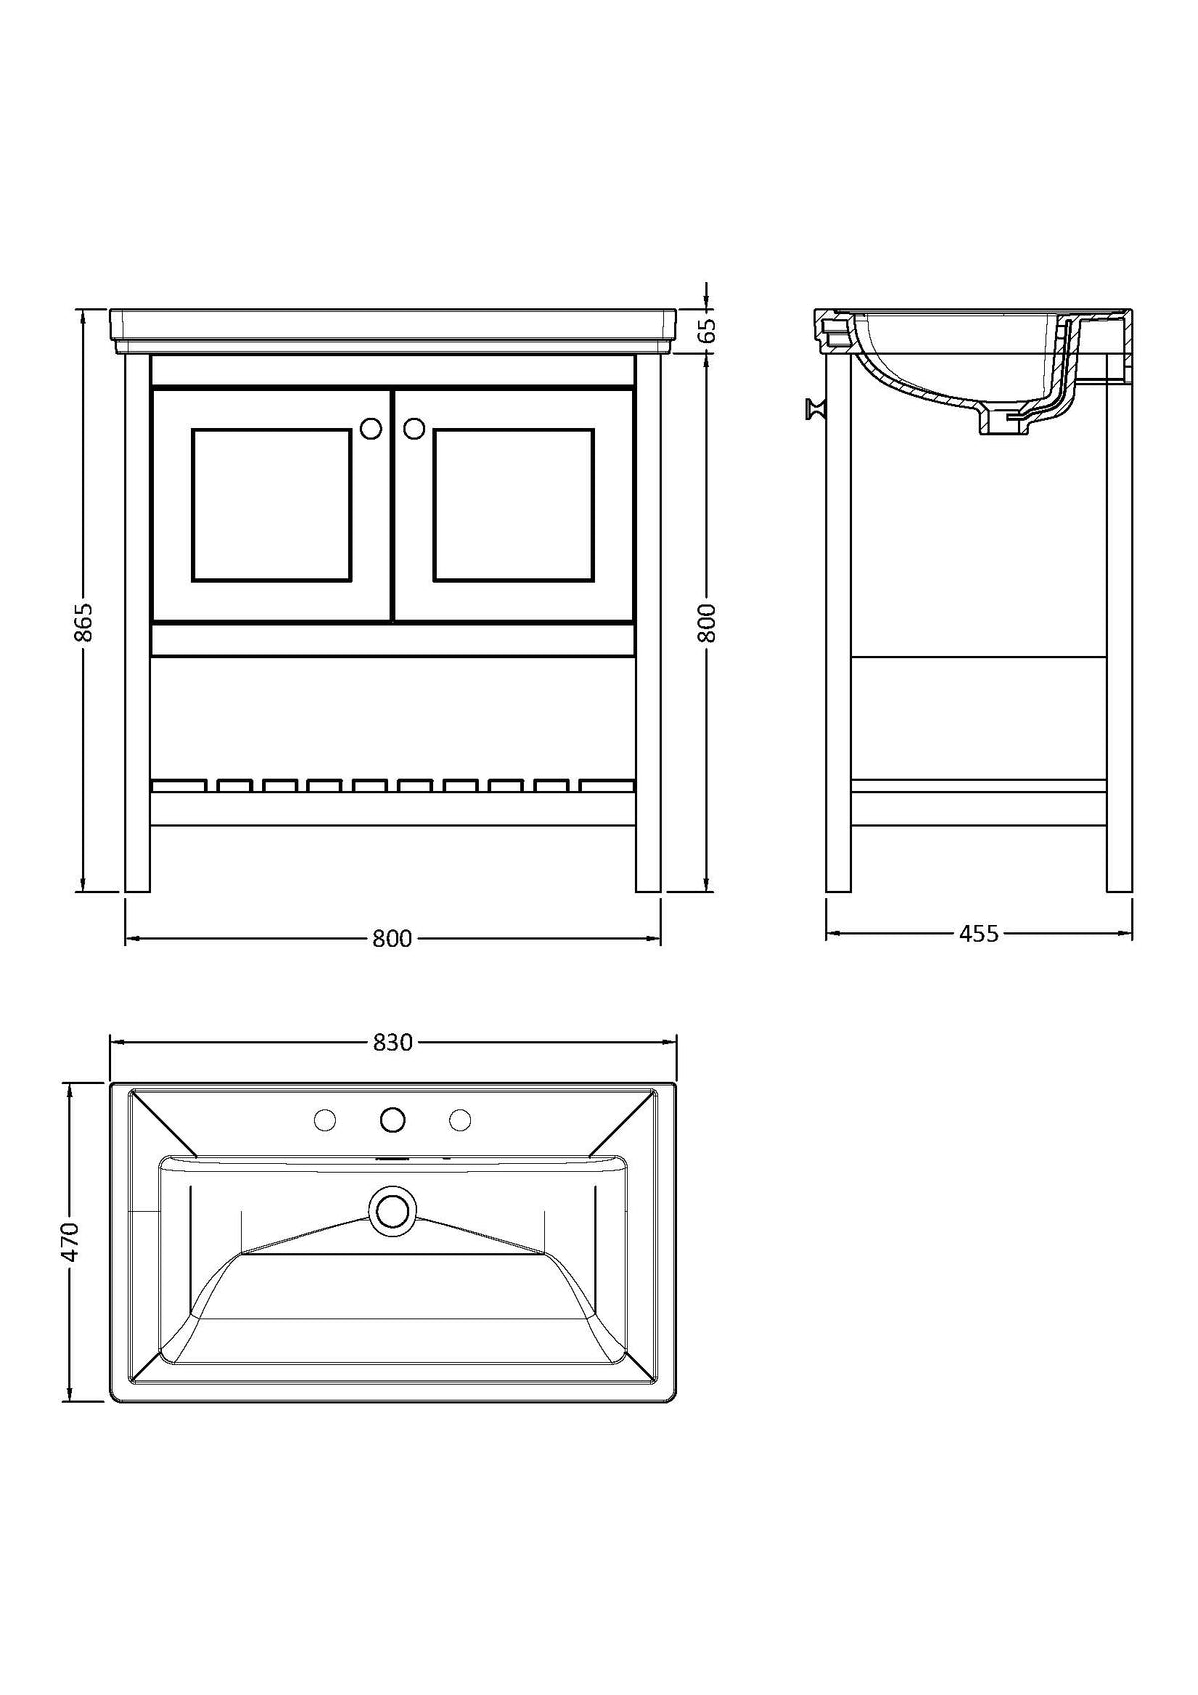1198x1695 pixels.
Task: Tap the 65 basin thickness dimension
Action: coord(708,331)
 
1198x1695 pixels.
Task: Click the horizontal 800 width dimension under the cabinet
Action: coord(392,939)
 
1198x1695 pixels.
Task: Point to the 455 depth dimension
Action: coord(978,934)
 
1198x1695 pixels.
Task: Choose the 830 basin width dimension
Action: coord(392,1042)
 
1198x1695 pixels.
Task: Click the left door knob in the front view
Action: coord(370,428)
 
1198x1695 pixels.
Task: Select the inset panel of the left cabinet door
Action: coord(272,505)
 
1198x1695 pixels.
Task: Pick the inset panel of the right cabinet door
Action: coord(514,505)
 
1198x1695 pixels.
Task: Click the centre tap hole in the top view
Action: coord(392,1120)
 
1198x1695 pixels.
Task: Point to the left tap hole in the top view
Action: coord(324,1121)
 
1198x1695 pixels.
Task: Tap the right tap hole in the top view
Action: coord(460,1121)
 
